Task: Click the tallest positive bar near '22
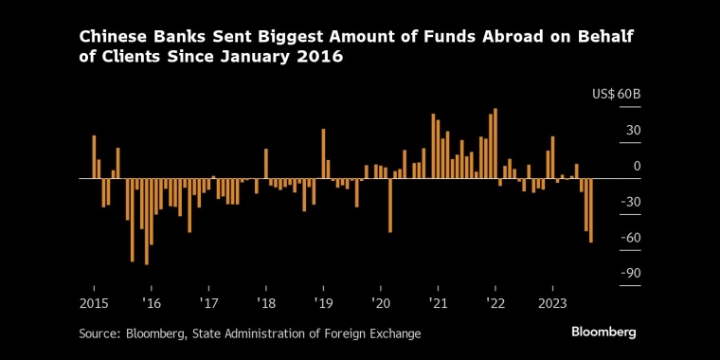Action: tap(495, 143)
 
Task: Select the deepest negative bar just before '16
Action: tap(147, 222)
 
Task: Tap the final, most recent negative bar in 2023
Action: tap(591, 210)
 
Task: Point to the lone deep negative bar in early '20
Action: tap(390, 206)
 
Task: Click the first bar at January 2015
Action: tap(94, 156)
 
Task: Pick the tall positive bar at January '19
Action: tap(323, 153)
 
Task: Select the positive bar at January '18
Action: tap(266, 164)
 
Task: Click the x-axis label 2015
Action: tap(94, 304)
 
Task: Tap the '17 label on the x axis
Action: tap(208, 304)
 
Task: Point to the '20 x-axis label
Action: tap(381, 304)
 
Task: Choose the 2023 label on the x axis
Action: tap(553, 304)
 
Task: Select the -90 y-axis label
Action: tap(630, 274)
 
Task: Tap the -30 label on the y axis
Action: tap(630, 202)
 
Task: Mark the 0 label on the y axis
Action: tap(637, 166)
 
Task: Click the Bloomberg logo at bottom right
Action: tap(603, 333)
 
